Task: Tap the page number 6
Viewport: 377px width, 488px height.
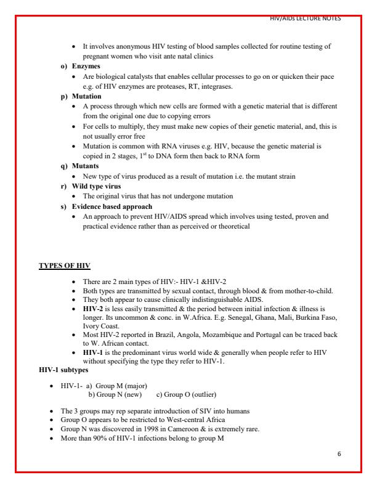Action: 339,453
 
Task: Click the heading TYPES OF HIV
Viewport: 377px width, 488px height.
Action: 65,266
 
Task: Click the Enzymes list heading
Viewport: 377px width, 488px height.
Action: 86,65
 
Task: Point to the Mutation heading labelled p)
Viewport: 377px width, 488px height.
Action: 87,97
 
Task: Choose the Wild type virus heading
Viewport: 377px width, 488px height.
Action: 96,186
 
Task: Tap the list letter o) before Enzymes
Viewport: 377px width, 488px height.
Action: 64,65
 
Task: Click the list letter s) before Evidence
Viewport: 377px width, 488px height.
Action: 64,206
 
